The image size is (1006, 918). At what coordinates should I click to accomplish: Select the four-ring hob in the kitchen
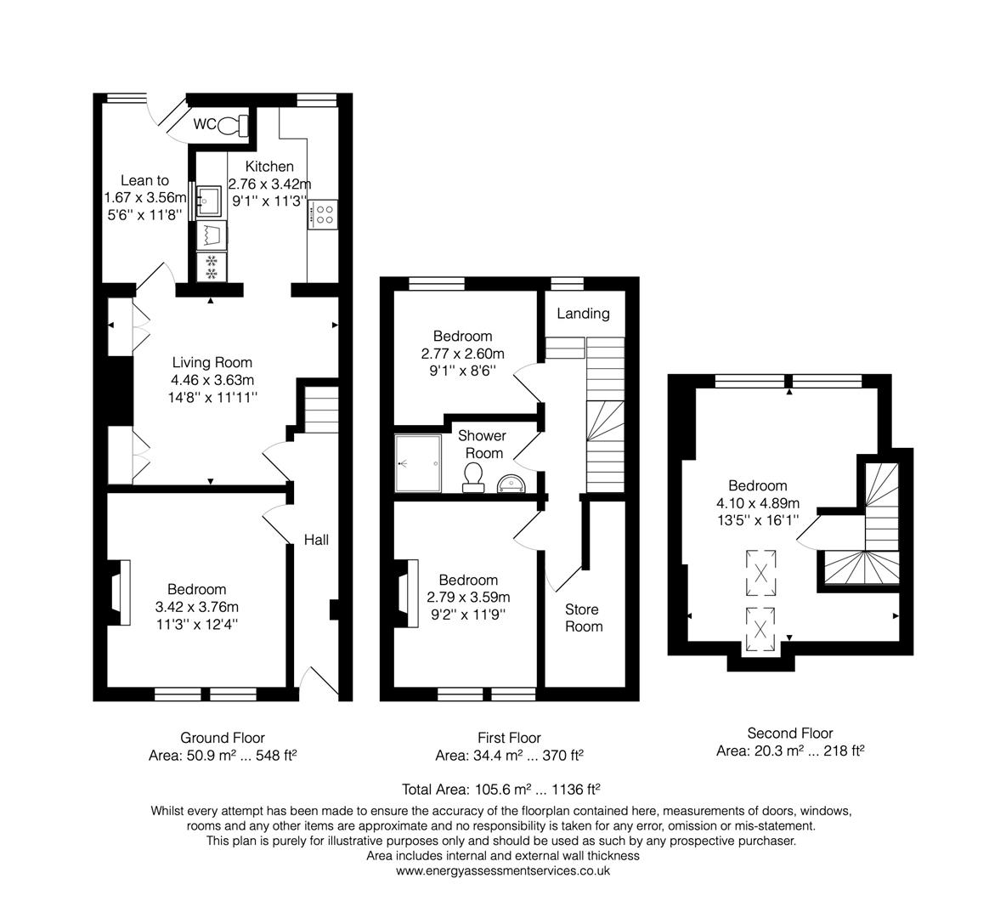coord(324,213)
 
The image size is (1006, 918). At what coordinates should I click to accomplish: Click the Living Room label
coord(212,363)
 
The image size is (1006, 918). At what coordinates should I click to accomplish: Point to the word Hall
coord(316,540)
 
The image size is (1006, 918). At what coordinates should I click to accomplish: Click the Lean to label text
coord(144,180)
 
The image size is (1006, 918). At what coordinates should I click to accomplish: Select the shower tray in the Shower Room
coord(418,463)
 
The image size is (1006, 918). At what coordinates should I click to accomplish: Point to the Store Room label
coord(583,618)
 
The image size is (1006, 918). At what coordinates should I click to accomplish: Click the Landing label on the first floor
coord(583,314)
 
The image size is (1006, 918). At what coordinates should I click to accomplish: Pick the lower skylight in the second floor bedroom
coord(761,630)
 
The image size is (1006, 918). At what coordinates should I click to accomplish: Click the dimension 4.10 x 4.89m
coord(758,503)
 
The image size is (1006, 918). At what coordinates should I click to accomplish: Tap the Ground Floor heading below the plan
coord(222,738)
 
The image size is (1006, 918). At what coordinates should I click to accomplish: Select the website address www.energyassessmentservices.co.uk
coord(503,871)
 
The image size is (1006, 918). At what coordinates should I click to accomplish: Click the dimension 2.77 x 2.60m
coord(462,354)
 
